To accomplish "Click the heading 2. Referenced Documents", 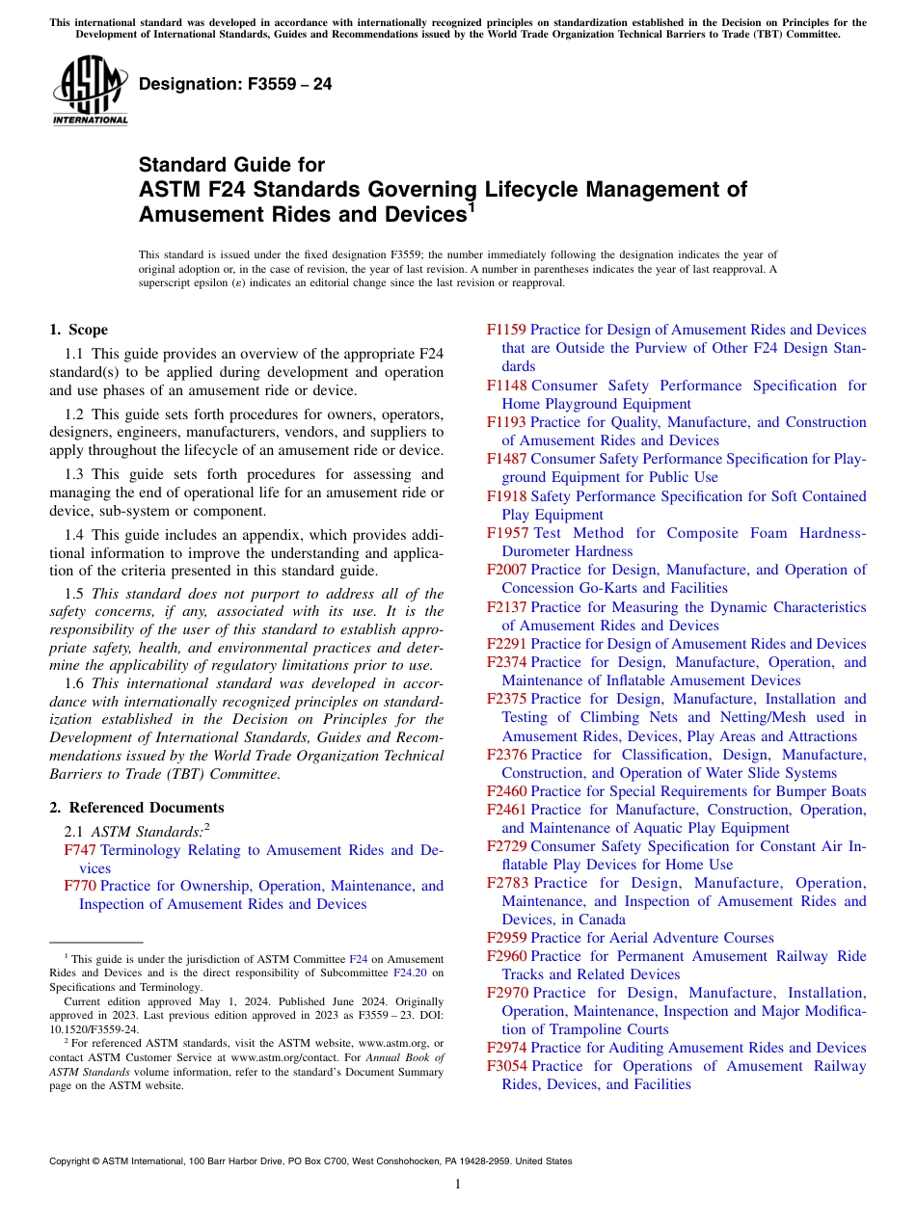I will tap(137, 808).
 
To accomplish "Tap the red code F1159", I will tap(506, 330).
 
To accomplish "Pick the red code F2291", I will tap(506, 644).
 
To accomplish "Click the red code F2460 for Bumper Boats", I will tap(506, 791).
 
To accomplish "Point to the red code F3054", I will tap(506, 1066).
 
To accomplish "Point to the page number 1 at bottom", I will tap(458, 1185).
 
